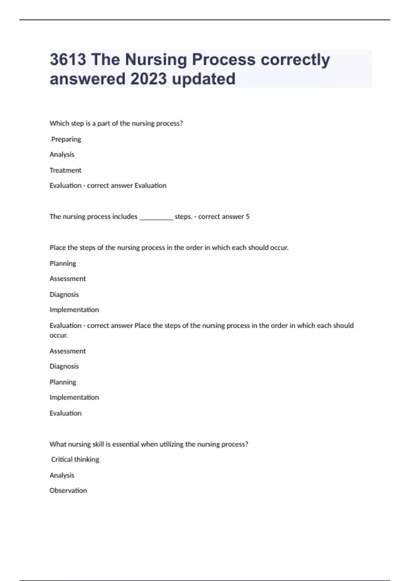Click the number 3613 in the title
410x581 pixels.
pyautogui.click(x=68, y=59)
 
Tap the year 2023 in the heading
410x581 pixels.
pyautogui.click(x=149, y=79)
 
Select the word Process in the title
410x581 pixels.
pyautogui.click(x=223, y=59)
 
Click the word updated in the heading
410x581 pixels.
pyautogui.click(x=204, y=79)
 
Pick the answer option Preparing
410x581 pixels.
pyautogui.click(x=66, y=139)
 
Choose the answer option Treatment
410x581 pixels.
pyautogui.click(x=65, y=170)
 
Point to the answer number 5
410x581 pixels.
pyautogui.click(x=248, y=216)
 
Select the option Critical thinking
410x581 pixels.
pyautogui.click(x=75, y=459)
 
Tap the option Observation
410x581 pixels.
pyautogui.click(x=68, y=490)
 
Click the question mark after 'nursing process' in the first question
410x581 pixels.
pyautogui.click(x=181, y=123)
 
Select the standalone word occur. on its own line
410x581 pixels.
pyautogui.click(x=58, y=335)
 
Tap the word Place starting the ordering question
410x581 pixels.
pyautogui.click(x=57, y=247)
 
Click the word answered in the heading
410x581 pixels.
pyautogui.click(x=87, y=79)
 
